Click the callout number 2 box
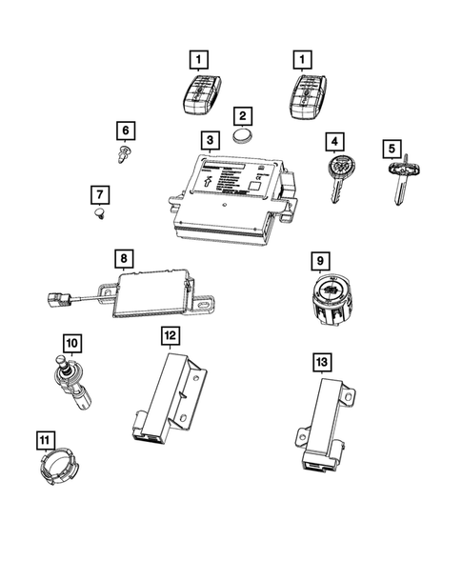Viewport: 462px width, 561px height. (x=244, y=116)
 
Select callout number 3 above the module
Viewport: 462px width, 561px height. (x=208, y=140)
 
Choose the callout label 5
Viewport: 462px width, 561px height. (x=392, y=149)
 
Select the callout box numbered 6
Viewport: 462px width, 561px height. (x=124, y=130)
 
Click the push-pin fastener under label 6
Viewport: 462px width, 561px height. (x=124, y=152)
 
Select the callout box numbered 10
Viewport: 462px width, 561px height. (x=73, y=341)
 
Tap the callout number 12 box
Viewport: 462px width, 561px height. (x=169, y=335)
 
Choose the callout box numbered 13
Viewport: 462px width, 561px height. (x=320, y=363)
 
